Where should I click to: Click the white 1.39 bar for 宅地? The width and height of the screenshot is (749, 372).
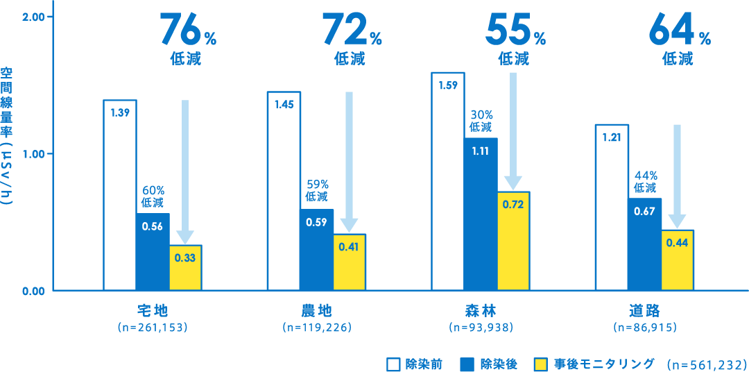[x=119, y=195]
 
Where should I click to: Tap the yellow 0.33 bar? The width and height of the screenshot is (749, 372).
[x=185, y=267]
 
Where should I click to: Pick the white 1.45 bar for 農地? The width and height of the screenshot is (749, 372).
[x=284, y=191]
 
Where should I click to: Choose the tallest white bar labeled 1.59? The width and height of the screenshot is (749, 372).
[x=447, y=181]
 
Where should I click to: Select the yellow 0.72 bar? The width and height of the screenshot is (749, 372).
[x=513, y=240]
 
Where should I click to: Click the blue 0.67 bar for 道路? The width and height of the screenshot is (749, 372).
[x=645, y=244]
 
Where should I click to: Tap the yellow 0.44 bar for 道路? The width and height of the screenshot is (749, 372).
[x=678, y=260]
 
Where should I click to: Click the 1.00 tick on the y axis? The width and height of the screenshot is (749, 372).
[x=34, y=153]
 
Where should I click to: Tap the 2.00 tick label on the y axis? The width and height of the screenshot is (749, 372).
[x=34, y=17]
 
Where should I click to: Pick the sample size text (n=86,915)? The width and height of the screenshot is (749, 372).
[x=645, y=325]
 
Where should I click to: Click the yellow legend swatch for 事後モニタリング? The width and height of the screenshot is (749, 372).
[x=542, y=364]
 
